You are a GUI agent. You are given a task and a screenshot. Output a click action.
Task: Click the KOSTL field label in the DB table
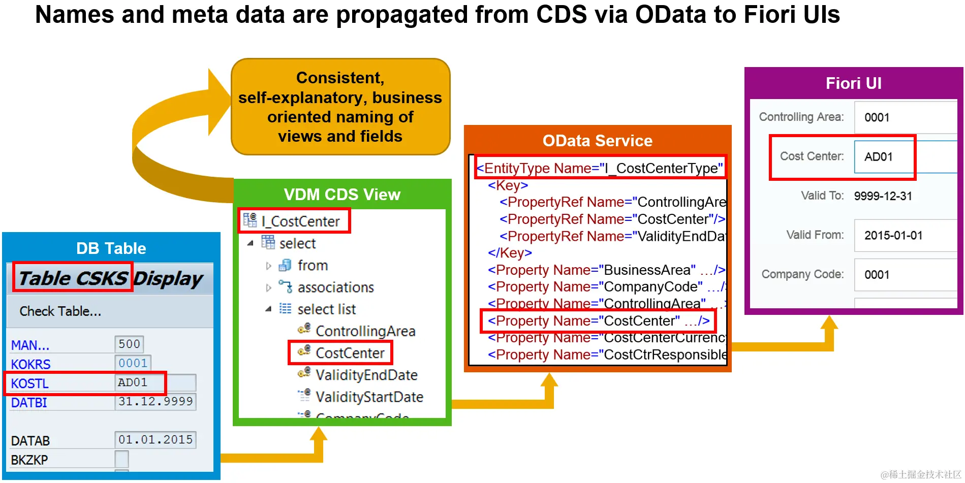(x=30, y=383)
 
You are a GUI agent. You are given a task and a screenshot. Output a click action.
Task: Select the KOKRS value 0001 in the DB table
(x=133, y=363)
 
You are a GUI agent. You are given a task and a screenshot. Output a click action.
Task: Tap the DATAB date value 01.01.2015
(x=155, y=439)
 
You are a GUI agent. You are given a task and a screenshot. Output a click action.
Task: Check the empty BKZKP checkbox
(x=121, y=459)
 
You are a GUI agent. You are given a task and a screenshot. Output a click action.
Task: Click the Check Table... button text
(x=60, y=311)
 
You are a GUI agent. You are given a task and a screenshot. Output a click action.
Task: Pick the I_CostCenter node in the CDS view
(x=300, y=221)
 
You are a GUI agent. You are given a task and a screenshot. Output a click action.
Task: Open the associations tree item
(x=335, y=287)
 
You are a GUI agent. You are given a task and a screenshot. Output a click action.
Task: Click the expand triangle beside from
(x=269, y=266)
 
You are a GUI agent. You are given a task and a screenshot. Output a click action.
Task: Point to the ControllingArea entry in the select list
(x=365, y=331)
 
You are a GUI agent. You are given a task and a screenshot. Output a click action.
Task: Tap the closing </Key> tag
(x=510, y=253)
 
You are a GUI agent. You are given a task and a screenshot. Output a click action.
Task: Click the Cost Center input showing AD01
(x=884, y=156)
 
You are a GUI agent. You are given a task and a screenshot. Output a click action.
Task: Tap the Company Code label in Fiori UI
(x=802, y=274)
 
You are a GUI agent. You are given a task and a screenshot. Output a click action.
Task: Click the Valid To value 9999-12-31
(x=883, y=196)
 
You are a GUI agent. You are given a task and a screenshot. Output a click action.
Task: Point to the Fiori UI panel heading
(x=853, y=83)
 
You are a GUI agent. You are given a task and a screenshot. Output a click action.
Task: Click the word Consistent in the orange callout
(x=339, y=78)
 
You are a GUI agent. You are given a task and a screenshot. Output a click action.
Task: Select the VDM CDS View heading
(x=342, y=195)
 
